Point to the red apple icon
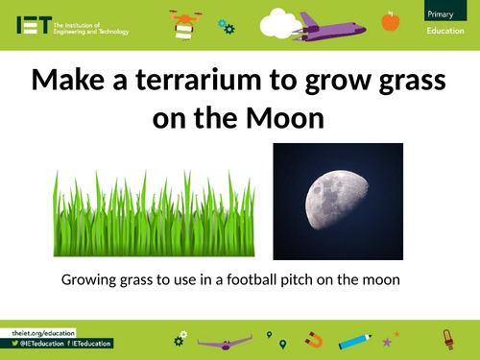point(390,21)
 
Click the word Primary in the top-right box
point(444,12)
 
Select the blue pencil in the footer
point(354,339)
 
